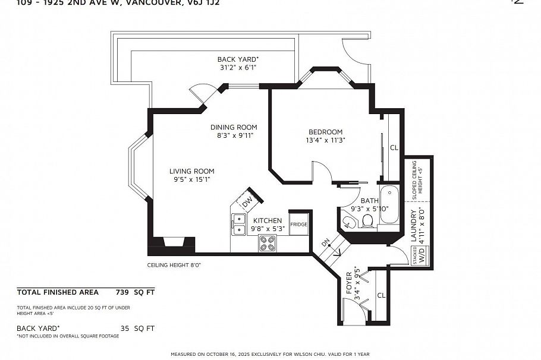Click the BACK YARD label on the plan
tap(237, 59)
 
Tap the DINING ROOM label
tap(234, 127)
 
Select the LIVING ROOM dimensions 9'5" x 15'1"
tap(191, 179)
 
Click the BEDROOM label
tap(325, 132)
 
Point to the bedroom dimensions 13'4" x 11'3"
tap(325, 140)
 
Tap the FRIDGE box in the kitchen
tap(299, 224)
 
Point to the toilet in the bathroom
tap(367, 221)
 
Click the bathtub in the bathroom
tap(391, 205)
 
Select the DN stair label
tap(325, 244)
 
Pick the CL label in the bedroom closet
tap(394, 148)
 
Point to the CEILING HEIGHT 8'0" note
tap(174, 265)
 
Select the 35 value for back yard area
tap(124, 328)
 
